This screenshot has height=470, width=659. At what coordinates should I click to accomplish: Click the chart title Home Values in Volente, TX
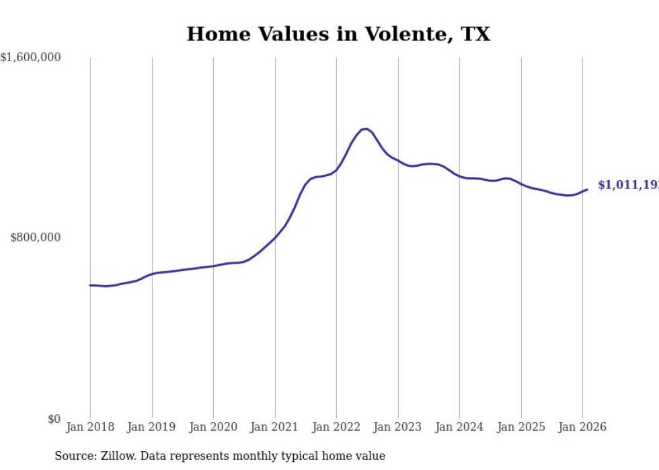coord(338,34)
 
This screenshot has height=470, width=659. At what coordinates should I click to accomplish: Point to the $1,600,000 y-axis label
coord(30,58)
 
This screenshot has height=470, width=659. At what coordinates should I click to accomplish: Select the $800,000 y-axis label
coord(36,237)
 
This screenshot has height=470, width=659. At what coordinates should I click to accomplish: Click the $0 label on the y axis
coord(54,419)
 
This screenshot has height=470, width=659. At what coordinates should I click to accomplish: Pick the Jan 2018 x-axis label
coord(90,428)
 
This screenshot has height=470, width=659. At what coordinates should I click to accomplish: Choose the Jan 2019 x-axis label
coord(151,428)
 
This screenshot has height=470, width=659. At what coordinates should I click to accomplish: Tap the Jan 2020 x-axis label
coord(213,428)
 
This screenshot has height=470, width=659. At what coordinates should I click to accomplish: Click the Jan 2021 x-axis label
coord(274,428)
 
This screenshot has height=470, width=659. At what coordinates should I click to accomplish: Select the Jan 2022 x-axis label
coord(336,428)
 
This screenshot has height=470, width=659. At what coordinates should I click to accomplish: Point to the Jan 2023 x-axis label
coord(397,428)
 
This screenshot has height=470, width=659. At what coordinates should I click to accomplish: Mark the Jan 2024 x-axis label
coord(459,428)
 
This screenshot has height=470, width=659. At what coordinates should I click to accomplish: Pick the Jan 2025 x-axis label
coord(520,428)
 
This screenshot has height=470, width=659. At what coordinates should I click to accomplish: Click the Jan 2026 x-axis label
coord(582,428)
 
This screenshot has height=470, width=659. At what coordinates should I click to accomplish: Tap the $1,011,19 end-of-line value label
coord(627,185)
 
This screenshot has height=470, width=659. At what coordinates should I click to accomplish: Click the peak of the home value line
coord(365,128)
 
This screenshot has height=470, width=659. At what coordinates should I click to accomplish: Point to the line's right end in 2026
coord(587,190)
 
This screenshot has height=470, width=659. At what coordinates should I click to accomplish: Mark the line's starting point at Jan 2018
coord(90,285)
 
